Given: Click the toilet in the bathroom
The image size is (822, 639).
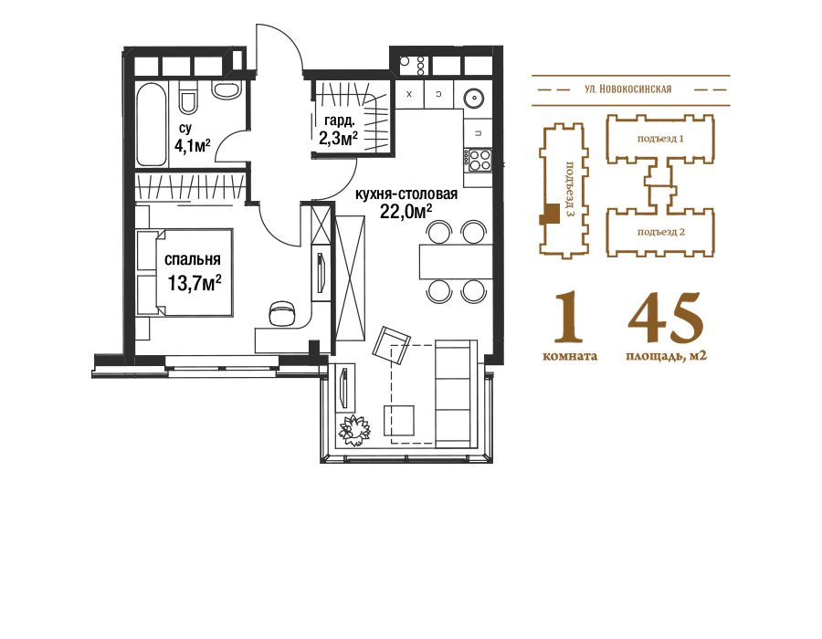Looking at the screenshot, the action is (x=187, y=98).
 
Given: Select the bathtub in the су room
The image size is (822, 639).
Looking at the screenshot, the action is (x=152, y=124).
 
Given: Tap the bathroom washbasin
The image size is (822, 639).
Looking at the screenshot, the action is (x=227, y=89).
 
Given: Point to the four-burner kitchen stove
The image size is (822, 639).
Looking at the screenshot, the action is (x=479, y=160).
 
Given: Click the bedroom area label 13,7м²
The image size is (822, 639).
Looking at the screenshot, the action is (x=194, y=283).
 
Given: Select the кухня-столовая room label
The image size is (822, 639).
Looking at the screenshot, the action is (x=406, y=194).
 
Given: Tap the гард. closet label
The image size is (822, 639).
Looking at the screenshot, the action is (x=339, y=121).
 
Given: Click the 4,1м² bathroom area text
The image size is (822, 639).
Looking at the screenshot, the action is (x=193, y=145).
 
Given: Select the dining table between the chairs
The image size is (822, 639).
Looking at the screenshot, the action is (x=456, y=261).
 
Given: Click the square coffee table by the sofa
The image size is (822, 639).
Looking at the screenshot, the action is (x=399, y=421).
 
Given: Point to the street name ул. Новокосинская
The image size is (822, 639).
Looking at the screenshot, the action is (x=628, y=89).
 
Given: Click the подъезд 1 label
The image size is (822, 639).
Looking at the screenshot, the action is (x=660, y=139).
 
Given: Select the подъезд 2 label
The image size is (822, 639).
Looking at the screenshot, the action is (x=661, y=232).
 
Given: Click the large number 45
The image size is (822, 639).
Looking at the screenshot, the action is (x=666, y=317).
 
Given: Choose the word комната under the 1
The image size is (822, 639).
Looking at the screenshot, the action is (x=570, y=356).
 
